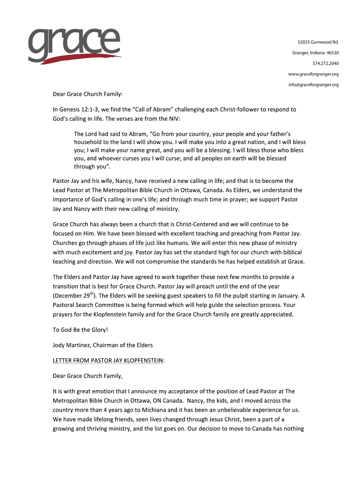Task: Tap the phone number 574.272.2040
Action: [x=326, y=63]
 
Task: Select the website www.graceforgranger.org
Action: [x=313, y=74]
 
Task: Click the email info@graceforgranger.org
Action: [x=313, y=85]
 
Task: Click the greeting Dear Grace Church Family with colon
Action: [x=87, y=94]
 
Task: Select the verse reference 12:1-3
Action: [x=89, y=109]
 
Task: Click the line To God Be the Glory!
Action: [x=80, y=330]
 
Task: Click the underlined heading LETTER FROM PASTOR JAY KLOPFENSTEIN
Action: [x=108, y=361]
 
